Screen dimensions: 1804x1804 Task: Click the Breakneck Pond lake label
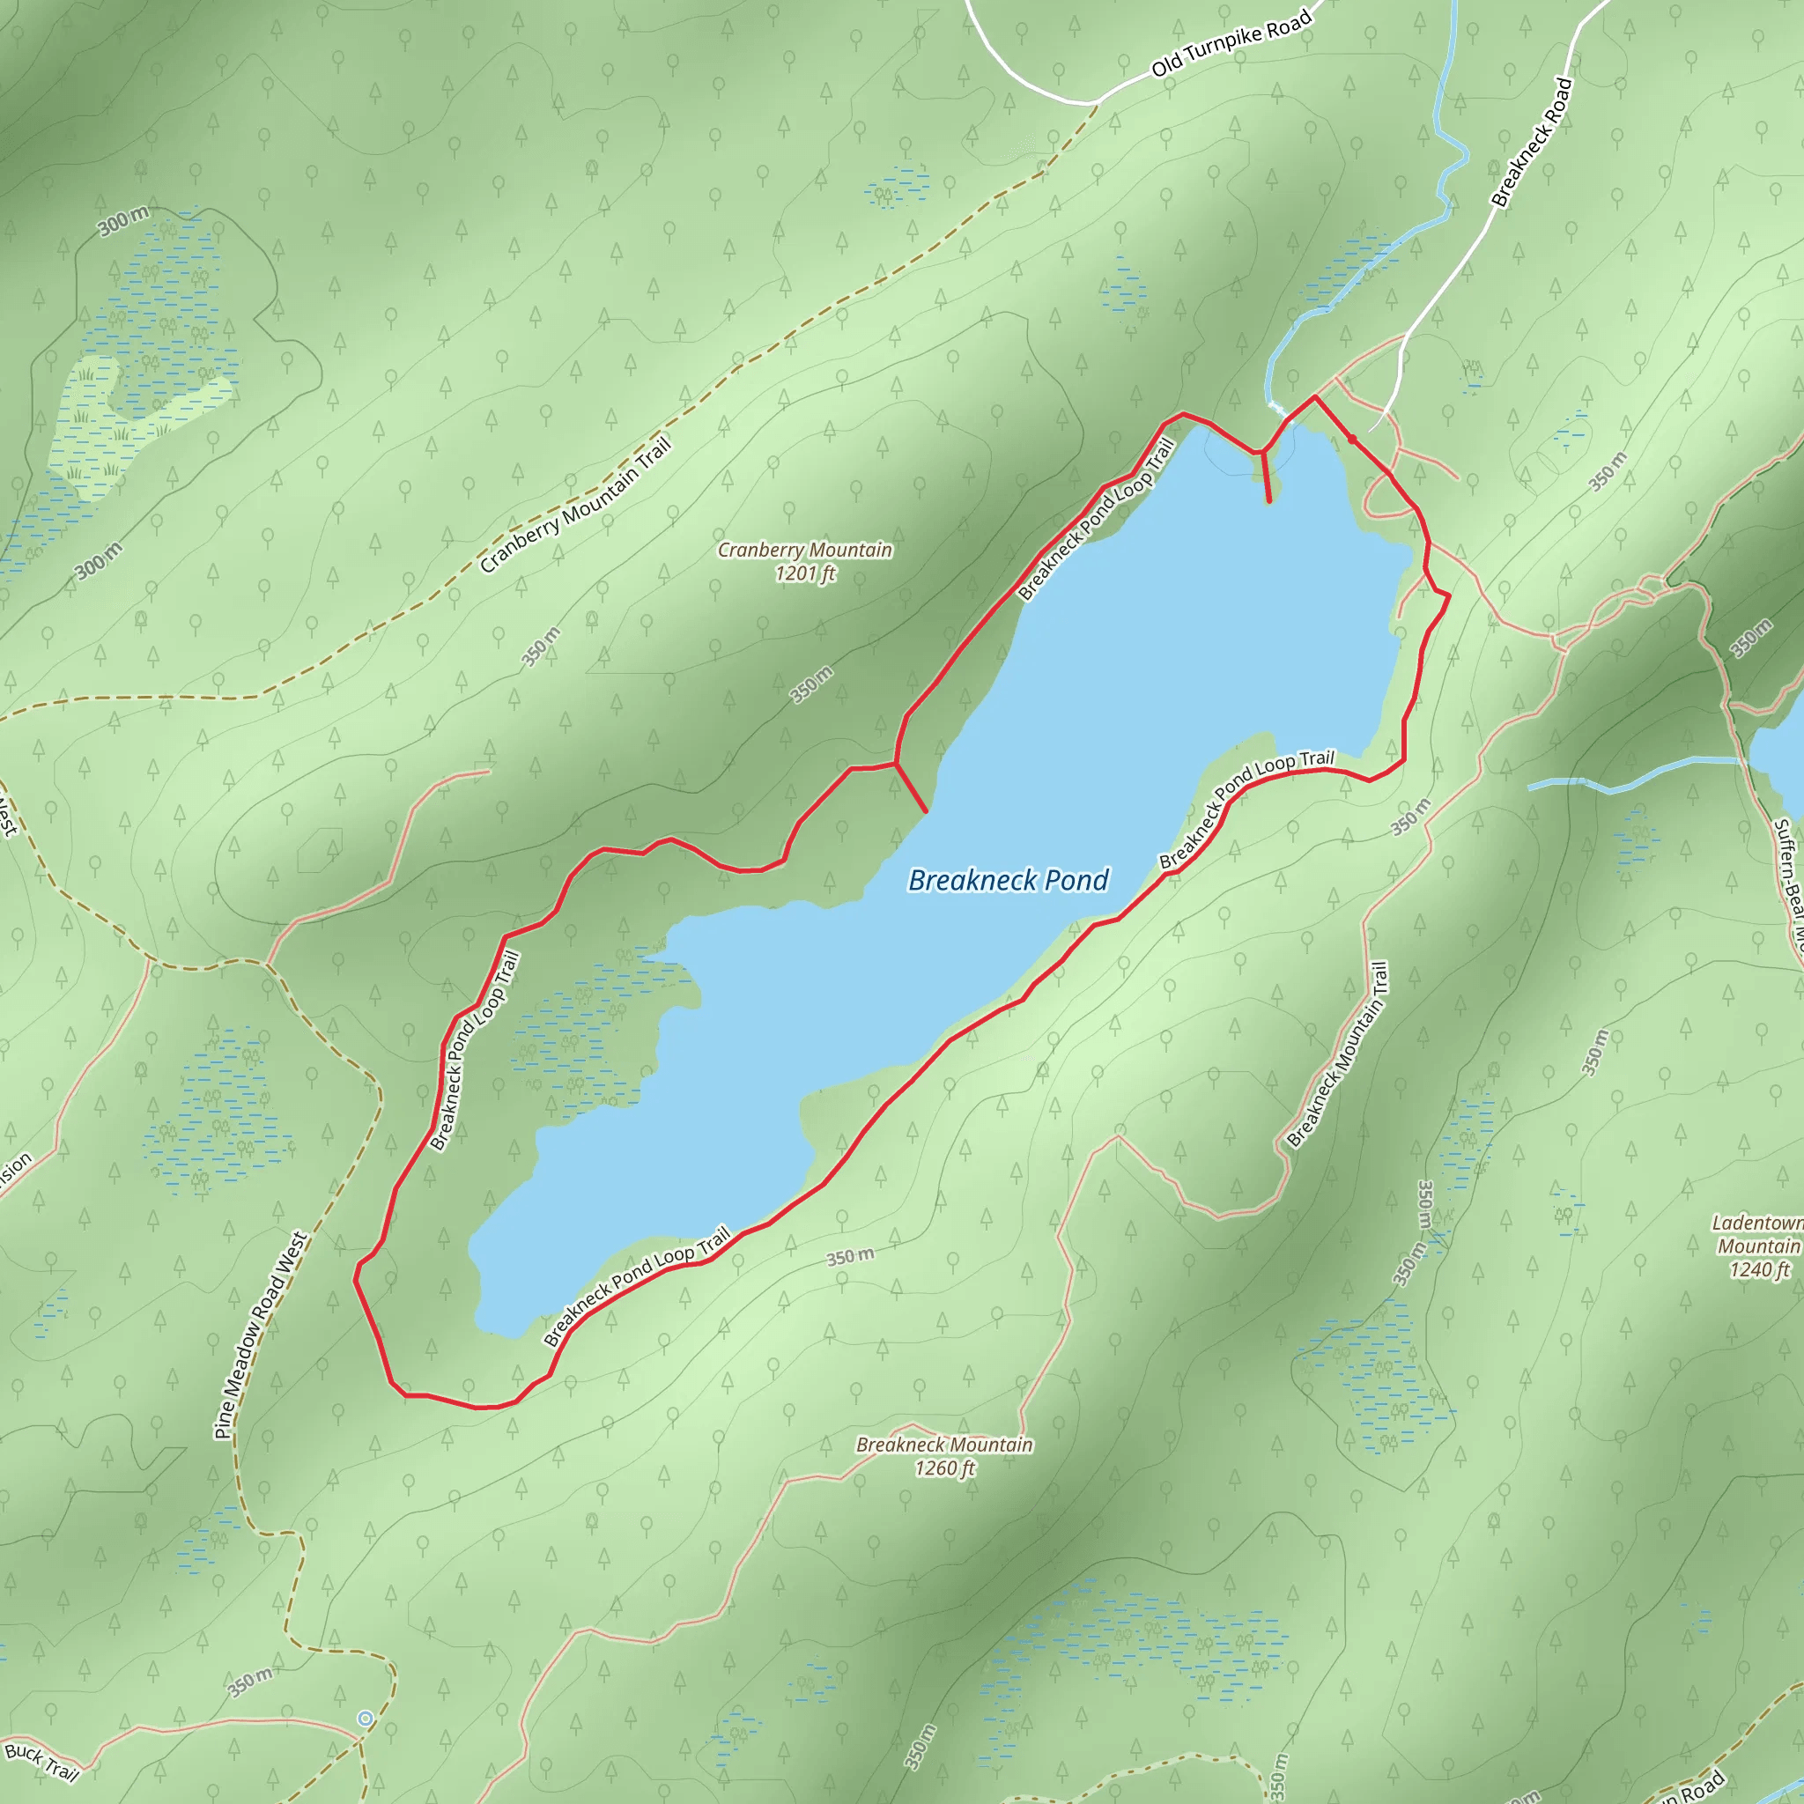click(1008, 880)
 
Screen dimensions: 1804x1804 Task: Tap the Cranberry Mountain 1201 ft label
click(804, 561)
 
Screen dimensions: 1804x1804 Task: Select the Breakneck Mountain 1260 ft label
click(944, 1456)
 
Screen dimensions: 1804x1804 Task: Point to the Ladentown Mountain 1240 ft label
click(1758, 1246)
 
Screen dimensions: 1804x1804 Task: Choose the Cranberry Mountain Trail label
click(575, 505)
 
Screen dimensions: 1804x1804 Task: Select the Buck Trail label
click(42, 1760)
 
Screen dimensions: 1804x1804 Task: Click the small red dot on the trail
click(1351, 439)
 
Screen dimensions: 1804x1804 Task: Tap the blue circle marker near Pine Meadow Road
click(365, 1718)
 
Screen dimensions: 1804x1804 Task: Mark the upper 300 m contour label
click(123, 221)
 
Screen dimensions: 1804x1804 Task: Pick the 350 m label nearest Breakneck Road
click(1608, 470)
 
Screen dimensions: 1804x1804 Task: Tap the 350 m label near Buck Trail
click(250, 1682)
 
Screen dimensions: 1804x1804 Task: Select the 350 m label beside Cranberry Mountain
click(811, 684)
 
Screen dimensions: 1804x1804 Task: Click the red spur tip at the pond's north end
click(1269, 501)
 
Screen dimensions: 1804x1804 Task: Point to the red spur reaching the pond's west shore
click(924, 810)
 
